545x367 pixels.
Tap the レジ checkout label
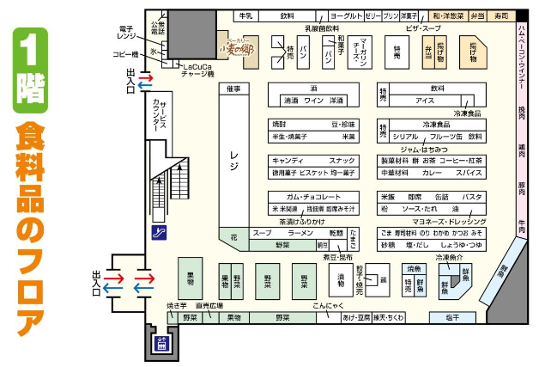[233, 156]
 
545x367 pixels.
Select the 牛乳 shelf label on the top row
[245, 15]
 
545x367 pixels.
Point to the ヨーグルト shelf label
[344, 15]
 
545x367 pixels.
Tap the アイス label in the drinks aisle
[425, 101]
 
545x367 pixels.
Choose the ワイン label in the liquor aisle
[313, 101]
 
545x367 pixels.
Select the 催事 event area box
[233, 89]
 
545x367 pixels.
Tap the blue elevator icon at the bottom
[159, 343]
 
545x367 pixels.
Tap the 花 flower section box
[233, 234]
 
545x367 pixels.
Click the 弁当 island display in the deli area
[428, 51]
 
